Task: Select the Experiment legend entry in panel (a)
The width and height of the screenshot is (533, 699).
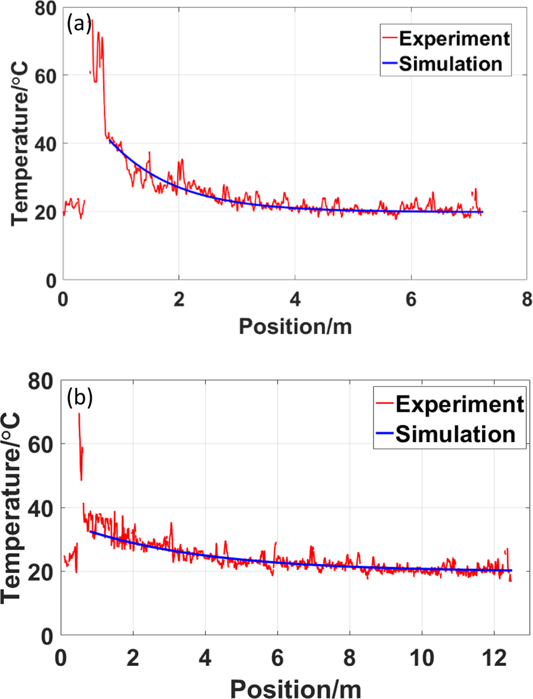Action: tap(453, 39)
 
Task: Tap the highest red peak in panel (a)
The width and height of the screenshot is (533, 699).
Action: tap(92, 20)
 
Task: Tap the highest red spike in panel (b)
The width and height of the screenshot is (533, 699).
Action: tap(79, 414)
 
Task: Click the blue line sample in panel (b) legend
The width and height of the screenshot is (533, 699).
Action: tap(382, 434)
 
